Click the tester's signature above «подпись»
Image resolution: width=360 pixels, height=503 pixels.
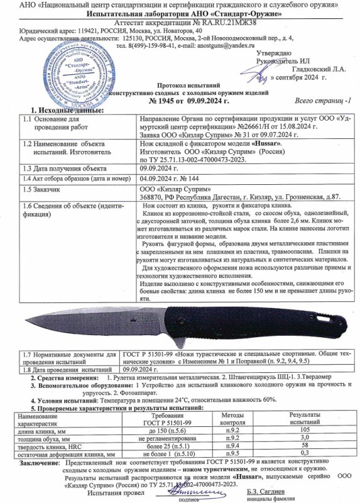(188, 487)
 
